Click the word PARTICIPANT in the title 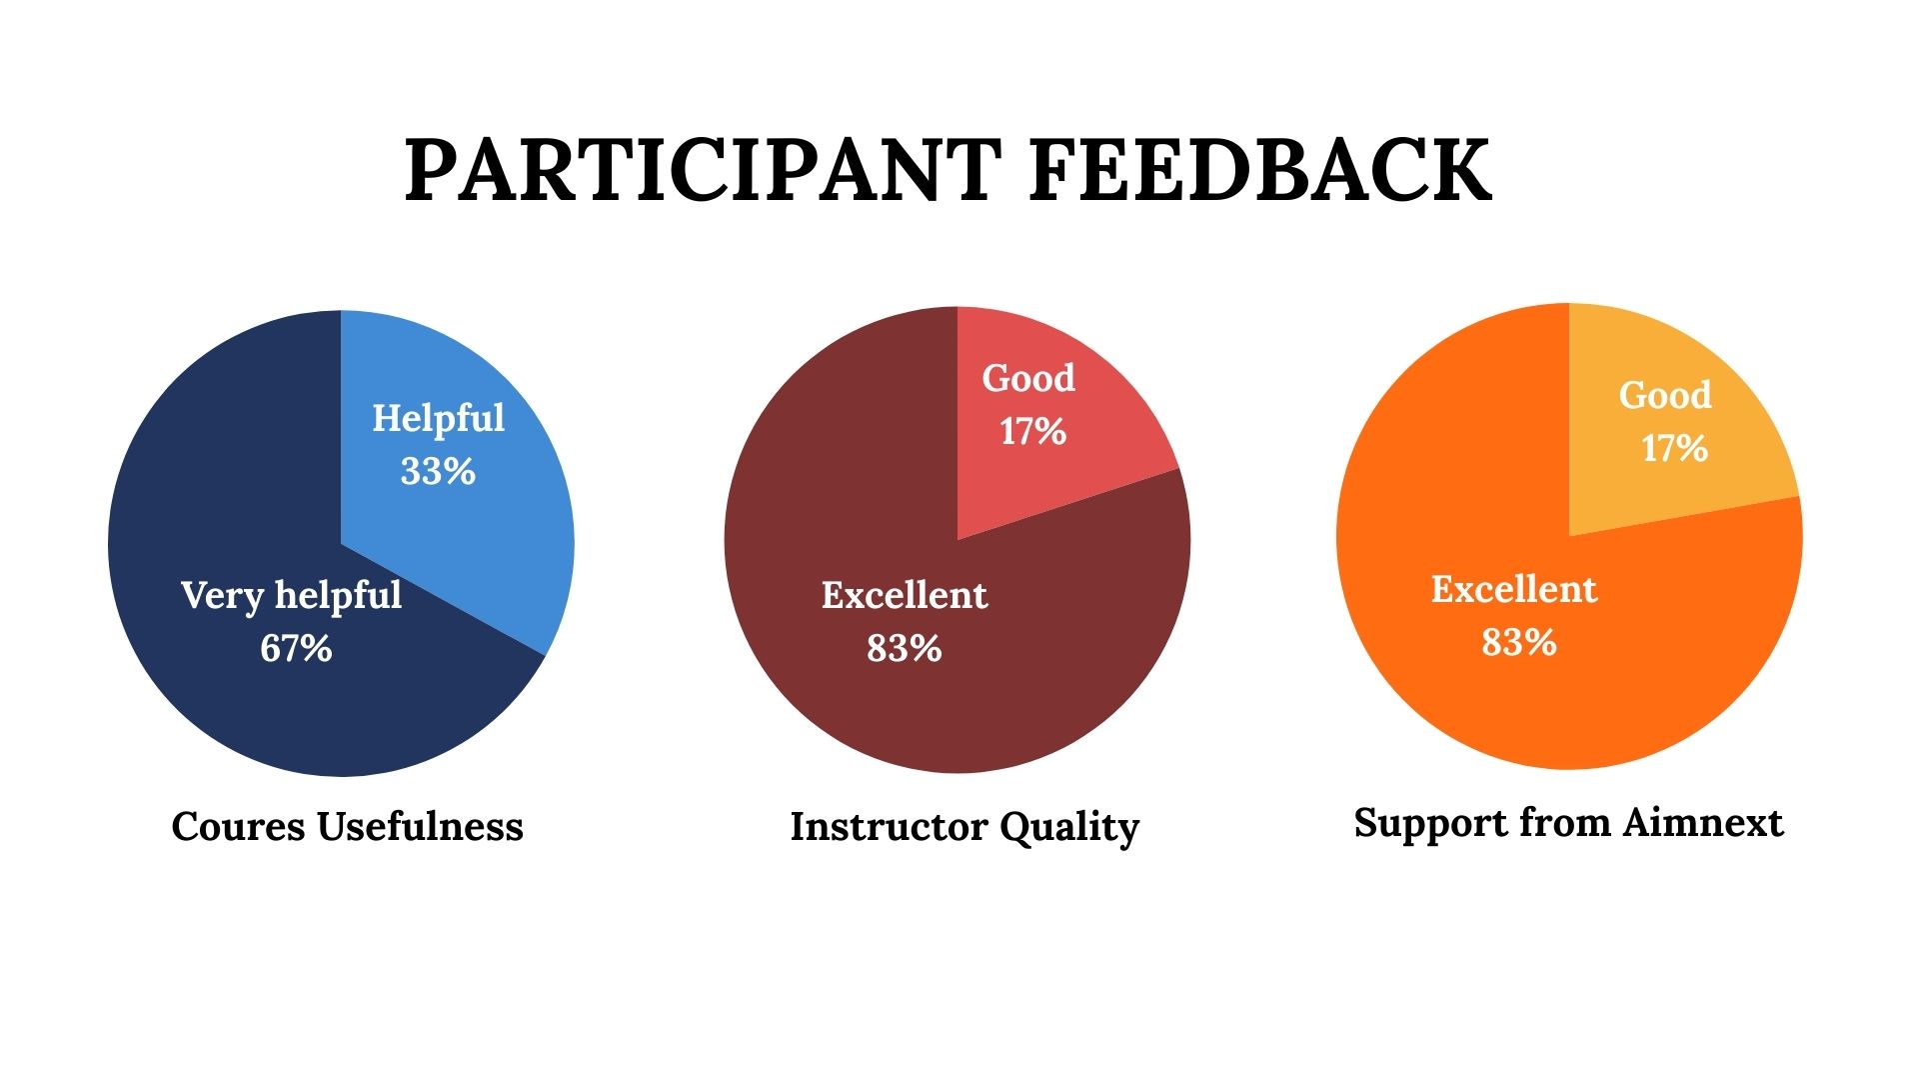click(703, 171)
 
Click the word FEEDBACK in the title click(1260, 171)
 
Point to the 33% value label click(438, 471)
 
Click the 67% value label click(296, 648)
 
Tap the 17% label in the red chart click(1032, 431)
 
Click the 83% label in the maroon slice click(905, 648)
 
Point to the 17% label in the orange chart click(1674, 448)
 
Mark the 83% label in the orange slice click(1519, 642)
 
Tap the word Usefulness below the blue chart click(420, 826)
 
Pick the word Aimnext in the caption click(1703, 823)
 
